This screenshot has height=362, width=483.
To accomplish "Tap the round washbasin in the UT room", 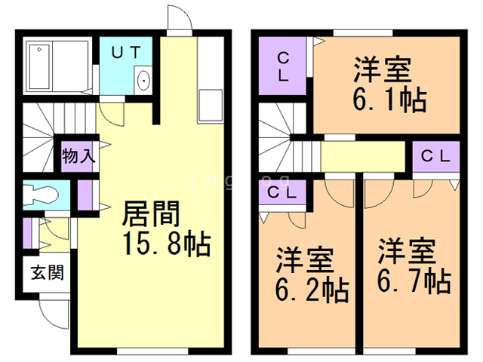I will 143,79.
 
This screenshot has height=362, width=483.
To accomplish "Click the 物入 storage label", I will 78,157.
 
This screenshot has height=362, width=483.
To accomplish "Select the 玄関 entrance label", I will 47,271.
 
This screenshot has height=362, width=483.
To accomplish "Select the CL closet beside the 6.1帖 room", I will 281,66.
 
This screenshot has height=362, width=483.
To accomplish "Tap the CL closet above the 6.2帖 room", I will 281,192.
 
